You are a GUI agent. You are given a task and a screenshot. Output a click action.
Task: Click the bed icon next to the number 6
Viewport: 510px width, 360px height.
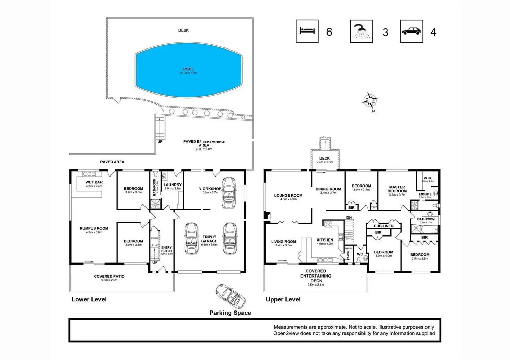tap(307, 31)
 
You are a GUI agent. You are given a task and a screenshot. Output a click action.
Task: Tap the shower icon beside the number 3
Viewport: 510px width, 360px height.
tap(361, 31)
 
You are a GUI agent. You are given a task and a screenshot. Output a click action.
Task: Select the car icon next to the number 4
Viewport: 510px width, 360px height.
tap(411, 31)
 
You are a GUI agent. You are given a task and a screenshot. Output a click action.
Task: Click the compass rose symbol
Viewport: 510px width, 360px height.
tap(370, 100)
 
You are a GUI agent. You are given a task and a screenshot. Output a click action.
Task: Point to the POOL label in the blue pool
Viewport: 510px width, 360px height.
tap(188, 69)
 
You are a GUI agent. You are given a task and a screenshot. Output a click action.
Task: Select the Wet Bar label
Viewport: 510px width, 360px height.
tap(94, 182)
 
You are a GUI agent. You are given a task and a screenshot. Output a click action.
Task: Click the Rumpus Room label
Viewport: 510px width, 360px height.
tap(94, 228)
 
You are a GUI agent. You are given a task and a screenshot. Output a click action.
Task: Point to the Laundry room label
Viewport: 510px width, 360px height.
tap(173, 185)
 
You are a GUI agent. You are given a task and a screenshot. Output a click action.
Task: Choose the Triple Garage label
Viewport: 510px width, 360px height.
tap(209, 239)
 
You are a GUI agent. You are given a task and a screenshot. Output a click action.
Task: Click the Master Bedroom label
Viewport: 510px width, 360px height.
tap(397, 189)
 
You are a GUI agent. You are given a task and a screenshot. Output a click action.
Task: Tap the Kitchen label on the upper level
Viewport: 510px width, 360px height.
tap(325, 240)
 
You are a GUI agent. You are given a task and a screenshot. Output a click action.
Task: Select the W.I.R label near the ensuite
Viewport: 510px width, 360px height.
tap(428, 178)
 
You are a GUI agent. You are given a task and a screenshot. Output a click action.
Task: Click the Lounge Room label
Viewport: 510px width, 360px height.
tap(288, 195)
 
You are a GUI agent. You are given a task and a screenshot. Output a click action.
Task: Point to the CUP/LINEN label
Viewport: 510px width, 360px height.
tap(384, 226)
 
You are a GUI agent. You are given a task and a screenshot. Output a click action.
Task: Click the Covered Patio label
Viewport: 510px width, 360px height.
tap(109, 276)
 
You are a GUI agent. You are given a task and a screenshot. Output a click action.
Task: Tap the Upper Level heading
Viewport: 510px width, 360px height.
tap(283, 299)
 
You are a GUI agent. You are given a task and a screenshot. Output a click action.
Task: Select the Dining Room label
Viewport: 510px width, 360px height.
tap(328, 189)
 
